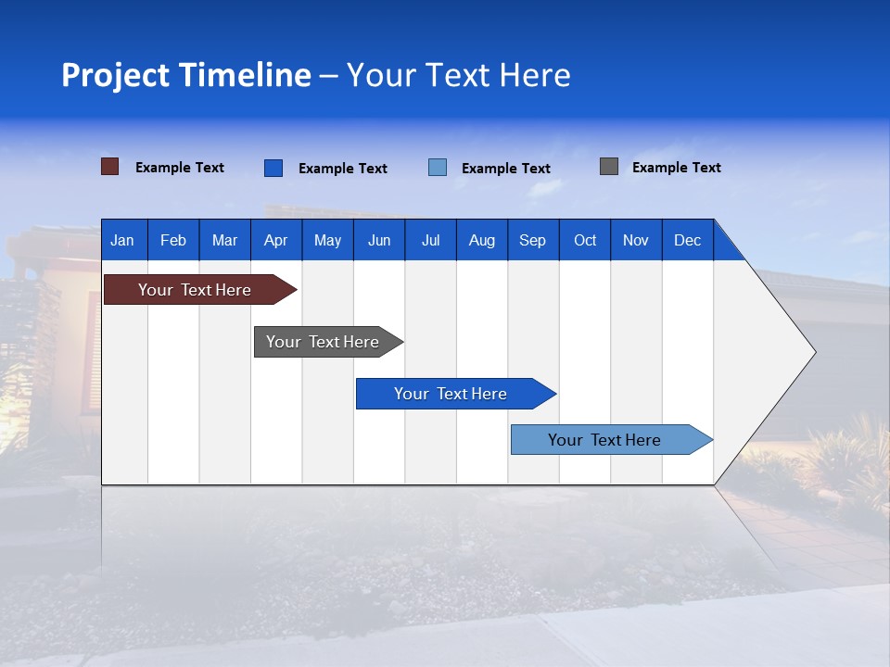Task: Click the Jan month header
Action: point(122,240)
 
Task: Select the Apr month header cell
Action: point(275,240)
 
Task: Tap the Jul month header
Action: point(430,240)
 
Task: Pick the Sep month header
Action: point(532,240)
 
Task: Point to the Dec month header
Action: point(687,240)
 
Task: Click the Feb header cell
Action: point(173,240)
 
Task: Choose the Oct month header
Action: point(585,240)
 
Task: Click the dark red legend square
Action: point(109,167)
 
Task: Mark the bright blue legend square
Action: point(273,168)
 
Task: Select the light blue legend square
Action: point(438,168)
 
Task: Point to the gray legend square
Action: point(608,167)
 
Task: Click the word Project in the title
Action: point(115,75)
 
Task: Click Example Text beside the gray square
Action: point(676,168)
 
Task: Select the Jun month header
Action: point(379,240)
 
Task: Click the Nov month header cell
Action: point(636,240)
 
